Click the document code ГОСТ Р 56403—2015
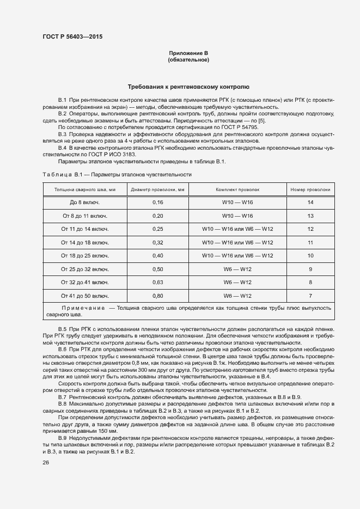pos(72,36)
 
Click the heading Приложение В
pos(188,53)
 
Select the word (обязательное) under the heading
pos(188,59)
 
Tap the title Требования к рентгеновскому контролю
pos(188,87)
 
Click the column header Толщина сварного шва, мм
pos(85,189)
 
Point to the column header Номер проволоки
pos(310,189)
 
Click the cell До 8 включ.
pos(85,202)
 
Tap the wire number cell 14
pos(310,202)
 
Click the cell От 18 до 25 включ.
pos(85,255)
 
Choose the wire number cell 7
pos(310,296)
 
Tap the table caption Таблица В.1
pos(62,174)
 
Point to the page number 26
pos(46,463)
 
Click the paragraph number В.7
pos(62,398)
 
